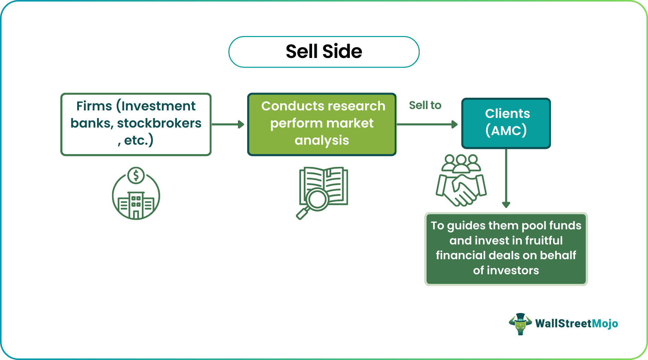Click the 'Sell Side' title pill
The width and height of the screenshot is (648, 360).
pyautogui.click(x=324, y=52)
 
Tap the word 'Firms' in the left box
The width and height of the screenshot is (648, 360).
pyautogui.click(x=94, y=106)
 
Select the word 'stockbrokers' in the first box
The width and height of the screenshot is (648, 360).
pyautogui.click(x=159, y=123)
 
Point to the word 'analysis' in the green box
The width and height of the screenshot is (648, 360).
pyautogui.click(x=322, y=140)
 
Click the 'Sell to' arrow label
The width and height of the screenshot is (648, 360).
pyautogui.click(x=425, y=105)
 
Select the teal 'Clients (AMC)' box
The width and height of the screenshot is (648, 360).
pyautogui.click(x=506, y=123)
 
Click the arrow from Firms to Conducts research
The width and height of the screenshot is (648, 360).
pyautogui.click(x=228, y=124)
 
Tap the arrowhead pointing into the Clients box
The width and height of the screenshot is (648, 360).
pyautogui.click(x=455, y=124)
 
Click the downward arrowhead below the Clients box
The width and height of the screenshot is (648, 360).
pyautogui.click(x=506, y=205)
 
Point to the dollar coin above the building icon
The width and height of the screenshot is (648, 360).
pyautogui.click(x=136, y=176)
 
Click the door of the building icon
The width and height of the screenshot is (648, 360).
pyautogui.click(x=136, y=215)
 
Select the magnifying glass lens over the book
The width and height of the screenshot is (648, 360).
pyautogui.click(x=317, y=199)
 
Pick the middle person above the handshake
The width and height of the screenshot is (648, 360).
pyautogui.click(x=461, y=163)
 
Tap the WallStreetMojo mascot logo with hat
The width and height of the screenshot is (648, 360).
pyautogui.click(x=520, y=324)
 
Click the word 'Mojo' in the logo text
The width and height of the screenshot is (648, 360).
pyautogui.click(x=605, y=324)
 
